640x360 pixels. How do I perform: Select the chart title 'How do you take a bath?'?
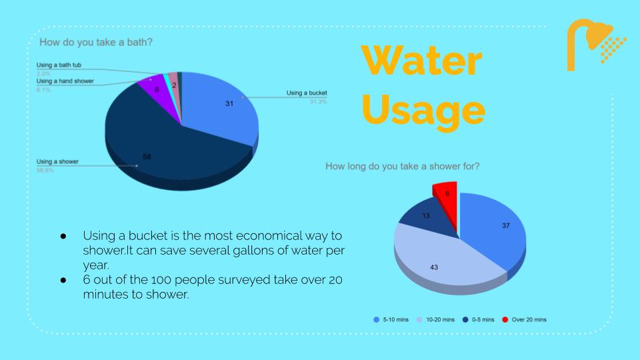[96, 43]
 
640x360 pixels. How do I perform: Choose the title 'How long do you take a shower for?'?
[402, 166]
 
